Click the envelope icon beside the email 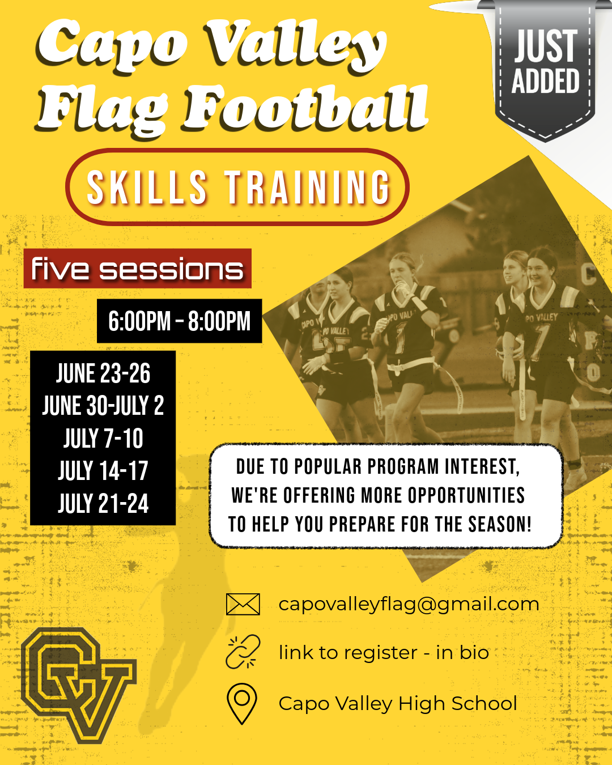[243, 604]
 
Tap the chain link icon [243, 652]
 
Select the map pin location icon [242, 703]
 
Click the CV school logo [79, 685]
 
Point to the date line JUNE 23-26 [103, 373]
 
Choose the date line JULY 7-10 [103, 438]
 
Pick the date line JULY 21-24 [103, 503]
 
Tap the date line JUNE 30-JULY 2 [103, 406]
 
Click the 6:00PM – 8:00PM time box [180, 321]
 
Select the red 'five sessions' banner [138, 269]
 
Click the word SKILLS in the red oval [147, 188]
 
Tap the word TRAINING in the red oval [308, 188]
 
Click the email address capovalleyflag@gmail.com [409, 605]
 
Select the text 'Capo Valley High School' [398, 703]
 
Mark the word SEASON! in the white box [500, 524]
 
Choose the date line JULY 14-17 [103, 471]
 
